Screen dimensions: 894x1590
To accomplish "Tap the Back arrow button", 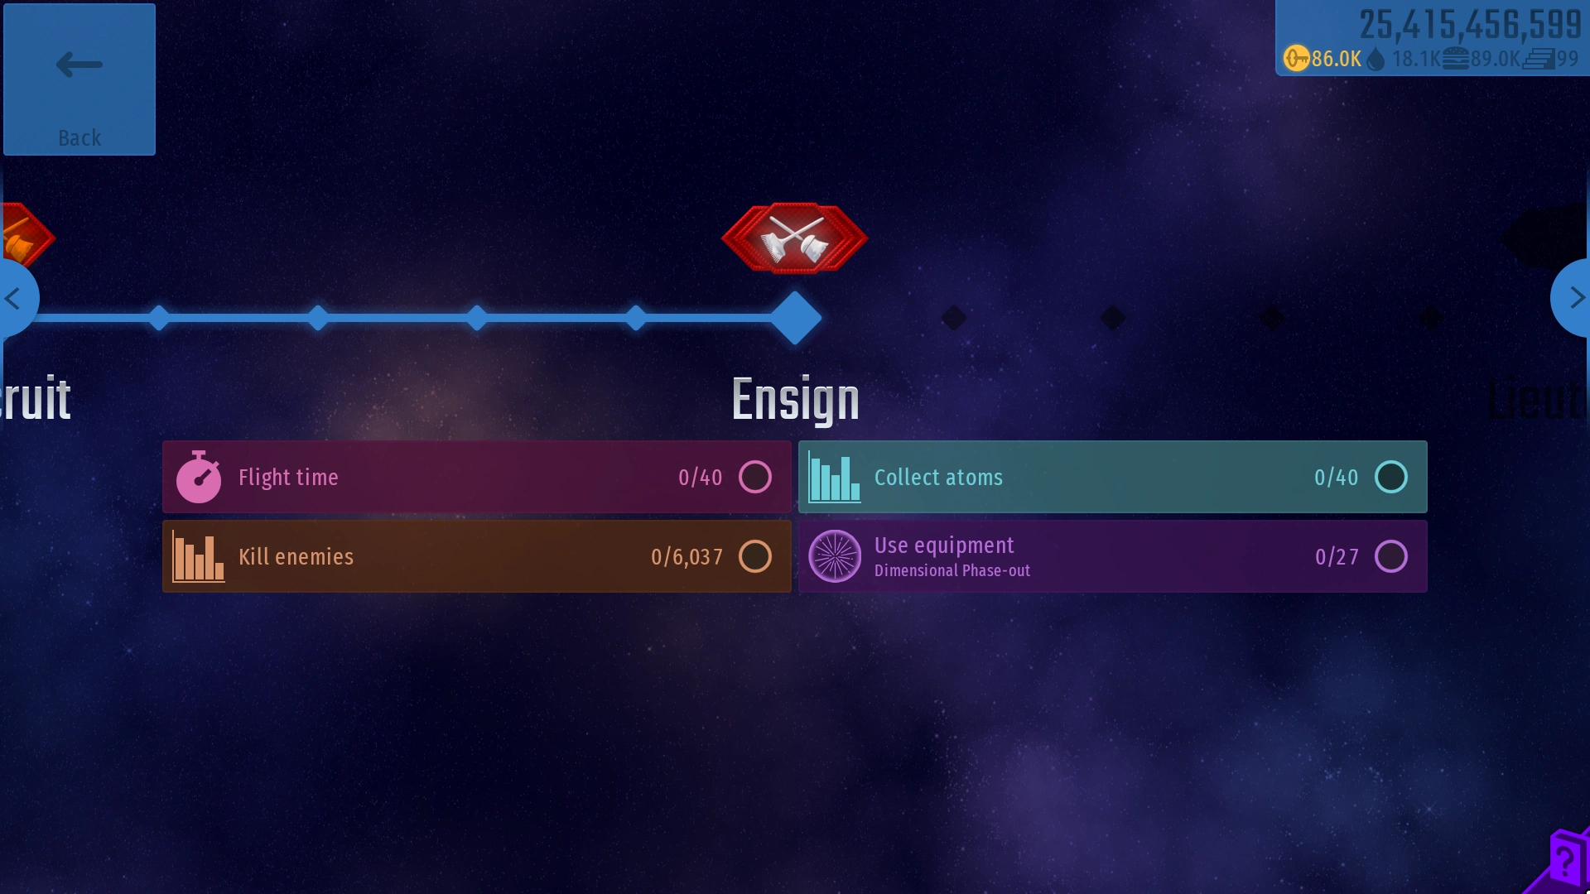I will click(x=79, y=79).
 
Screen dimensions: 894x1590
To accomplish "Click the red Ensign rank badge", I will click(x=795, y=238).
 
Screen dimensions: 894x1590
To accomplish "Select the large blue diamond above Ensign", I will click(x=795, y=318).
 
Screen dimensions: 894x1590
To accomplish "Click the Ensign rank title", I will click(x=795, y=400).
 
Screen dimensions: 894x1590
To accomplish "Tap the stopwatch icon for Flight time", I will click(x=199, y=478).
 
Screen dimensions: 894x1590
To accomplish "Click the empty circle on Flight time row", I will click(x=754, y=477).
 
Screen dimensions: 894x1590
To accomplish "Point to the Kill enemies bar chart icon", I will click(x=199, y=557).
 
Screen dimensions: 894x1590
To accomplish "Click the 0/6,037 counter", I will click(x=687, y=557).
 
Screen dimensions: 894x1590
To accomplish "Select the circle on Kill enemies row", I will click(x=754, y=556).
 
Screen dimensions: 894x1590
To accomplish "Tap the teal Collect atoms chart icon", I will click(x=834, y=478).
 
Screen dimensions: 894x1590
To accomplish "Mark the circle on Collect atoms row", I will click(x=1390, y=477).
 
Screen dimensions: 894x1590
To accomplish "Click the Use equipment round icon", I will click(x=834, y=556).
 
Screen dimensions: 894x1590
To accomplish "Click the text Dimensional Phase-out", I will click(x=952, y=571).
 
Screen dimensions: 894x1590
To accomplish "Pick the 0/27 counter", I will click(x=1337, y=557).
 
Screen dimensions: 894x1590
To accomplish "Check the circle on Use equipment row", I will click(x=1390, y=556).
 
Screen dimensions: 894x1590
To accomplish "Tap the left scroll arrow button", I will click(x=15, y=298).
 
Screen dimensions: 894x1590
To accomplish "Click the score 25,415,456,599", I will click(x=1470, y=25).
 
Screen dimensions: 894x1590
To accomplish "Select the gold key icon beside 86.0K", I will click(x=1296, y=59).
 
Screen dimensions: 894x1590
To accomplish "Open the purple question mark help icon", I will click(x=1564, y=861).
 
